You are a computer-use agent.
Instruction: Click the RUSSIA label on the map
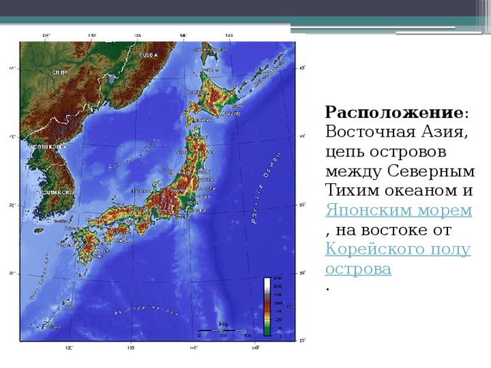point(148,55)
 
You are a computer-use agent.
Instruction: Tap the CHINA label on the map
point(60,72)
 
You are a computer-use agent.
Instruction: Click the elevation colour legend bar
point(267,306)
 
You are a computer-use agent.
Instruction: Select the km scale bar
point(223,332)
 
